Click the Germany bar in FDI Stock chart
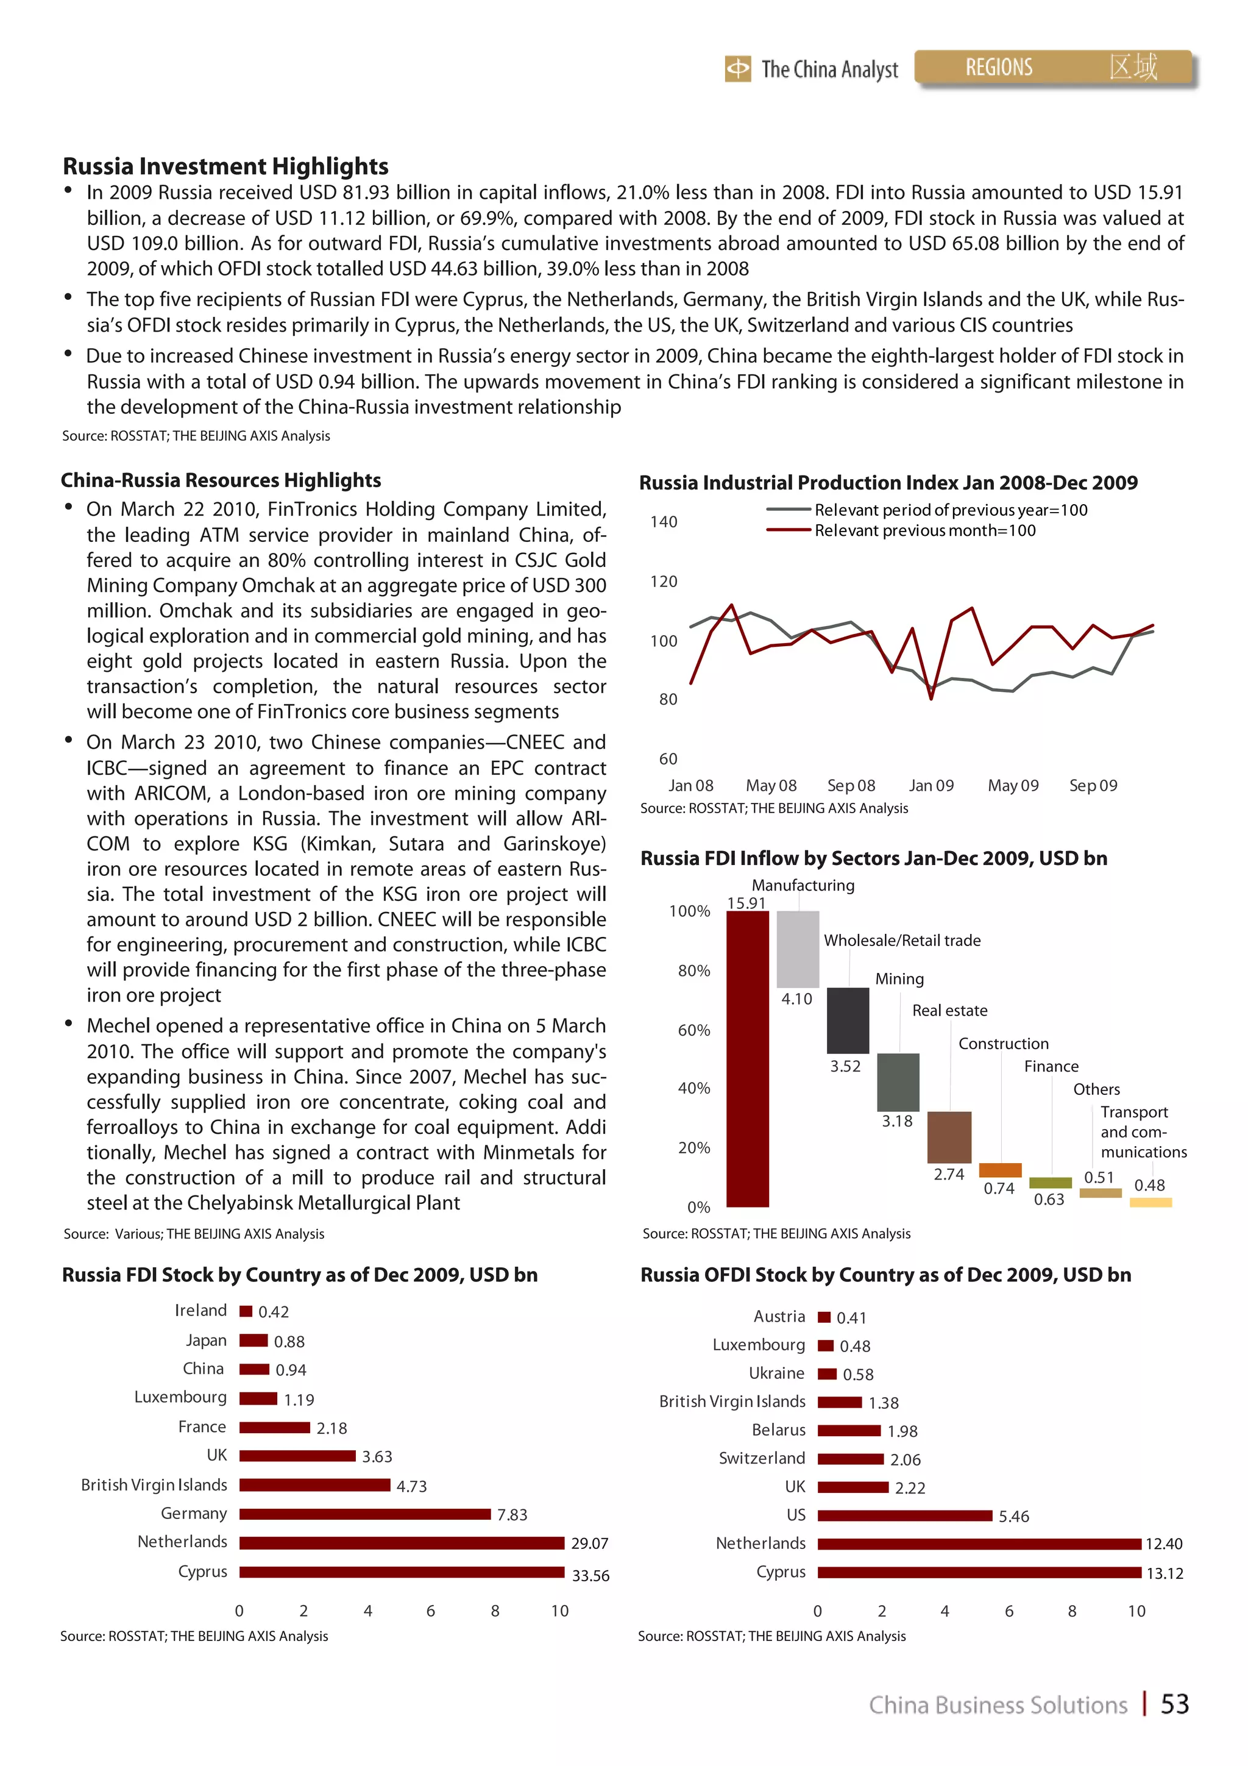pos(364,1514)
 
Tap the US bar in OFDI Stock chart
pos(904,1515)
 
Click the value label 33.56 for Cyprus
pos(590,1575)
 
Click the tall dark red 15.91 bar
pos(748,1058)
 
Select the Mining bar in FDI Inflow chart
pos(848,1020)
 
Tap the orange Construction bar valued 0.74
pos(999,1170)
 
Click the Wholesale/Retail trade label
pos(902,940)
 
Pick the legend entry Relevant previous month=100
pos(924,531)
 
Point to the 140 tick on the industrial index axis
pos(663,521)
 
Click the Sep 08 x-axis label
pos(851,785)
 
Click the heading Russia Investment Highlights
pos(225,166)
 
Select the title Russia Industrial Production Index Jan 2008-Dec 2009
pos(888,482)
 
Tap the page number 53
pos(1174,1704)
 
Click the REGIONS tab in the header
pos(998,68)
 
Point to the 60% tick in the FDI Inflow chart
pos(693,1030)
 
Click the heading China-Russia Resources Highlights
pos(221,480)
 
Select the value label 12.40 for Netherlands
pos(1163,1543)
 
